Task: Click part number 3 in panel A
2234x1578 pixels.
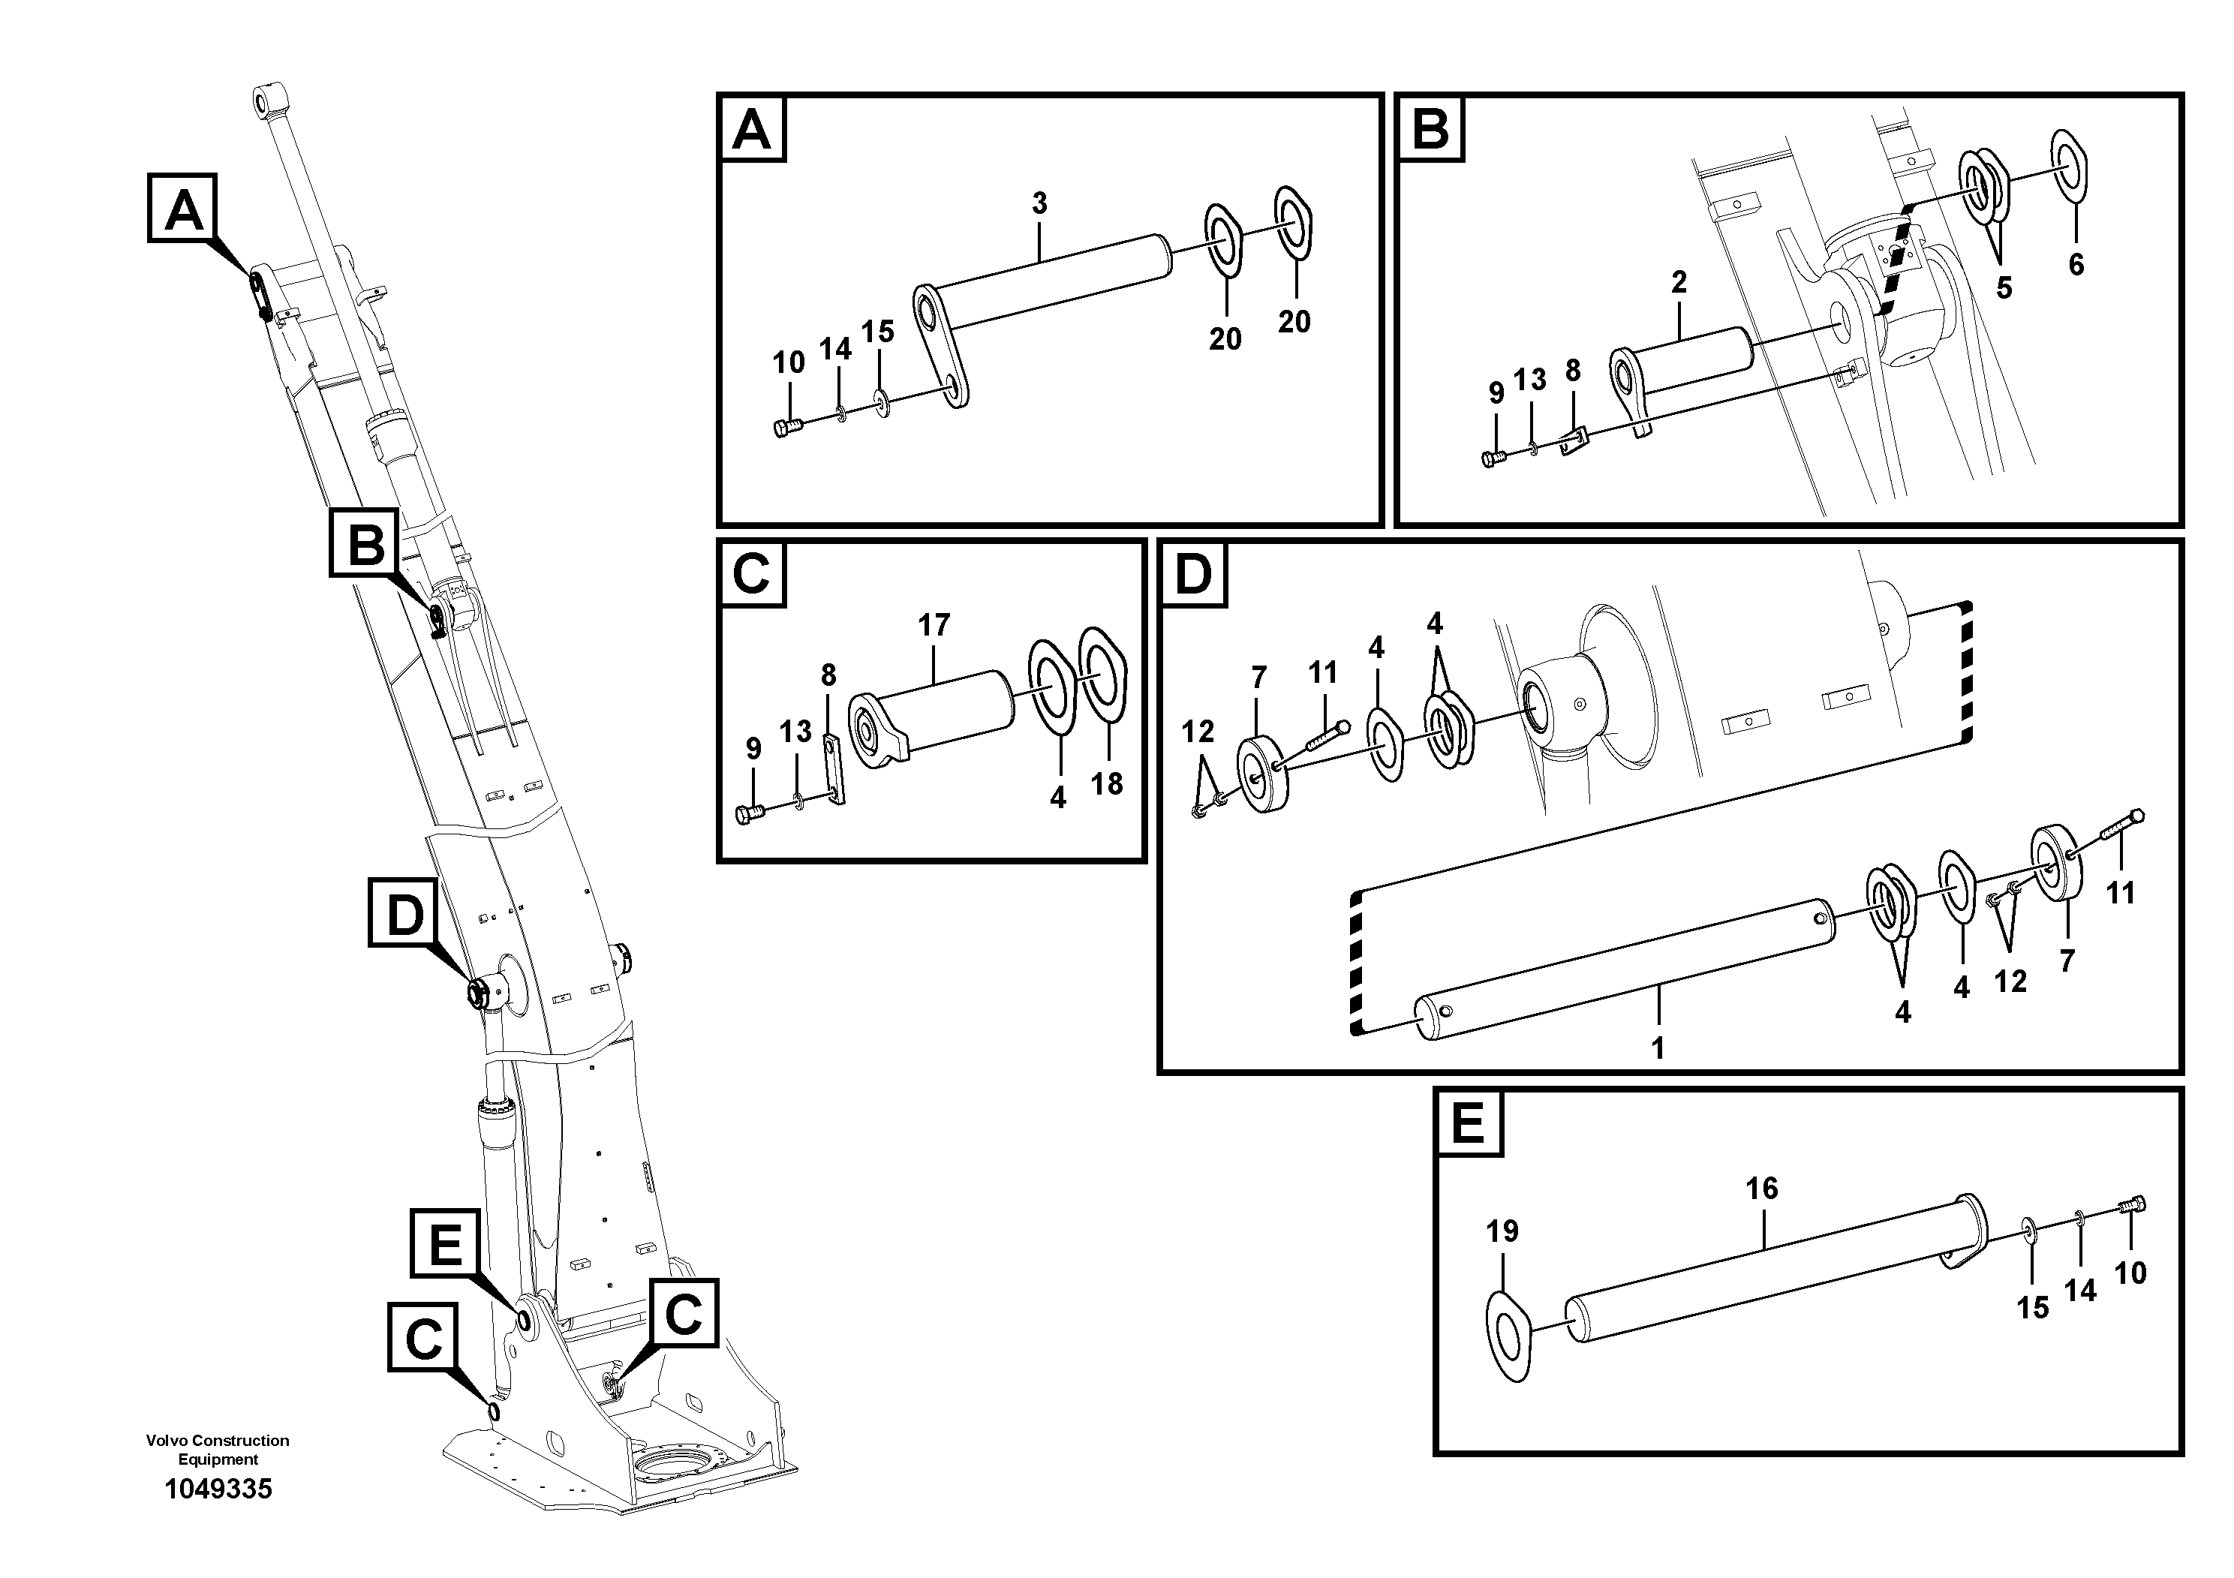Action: click(1039, 203)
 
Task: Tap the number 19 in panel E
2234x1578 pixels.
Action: click(1502, 1231)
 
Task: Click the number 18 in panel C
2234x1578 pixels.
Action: click(1106, 783)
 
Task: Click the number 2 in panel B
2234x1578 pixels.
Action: click(1679, 282)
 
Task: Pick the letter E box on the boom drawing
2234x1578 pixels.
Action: click(446, 1243)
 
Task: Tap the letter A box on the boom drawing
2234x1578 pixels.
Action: click(183, 208)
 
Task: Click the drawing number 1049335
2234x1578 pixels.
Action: click(218, 1489)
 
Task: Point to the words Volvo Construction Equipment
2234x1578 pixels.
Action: click(218, 1449)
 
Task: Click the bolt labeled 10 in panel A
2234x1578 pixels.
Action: click(786, 426)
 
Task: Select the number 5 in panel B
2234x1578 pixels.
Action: click(2004, 288)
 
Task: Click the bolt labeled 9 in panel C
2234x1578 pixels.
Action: click(749, 813)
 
